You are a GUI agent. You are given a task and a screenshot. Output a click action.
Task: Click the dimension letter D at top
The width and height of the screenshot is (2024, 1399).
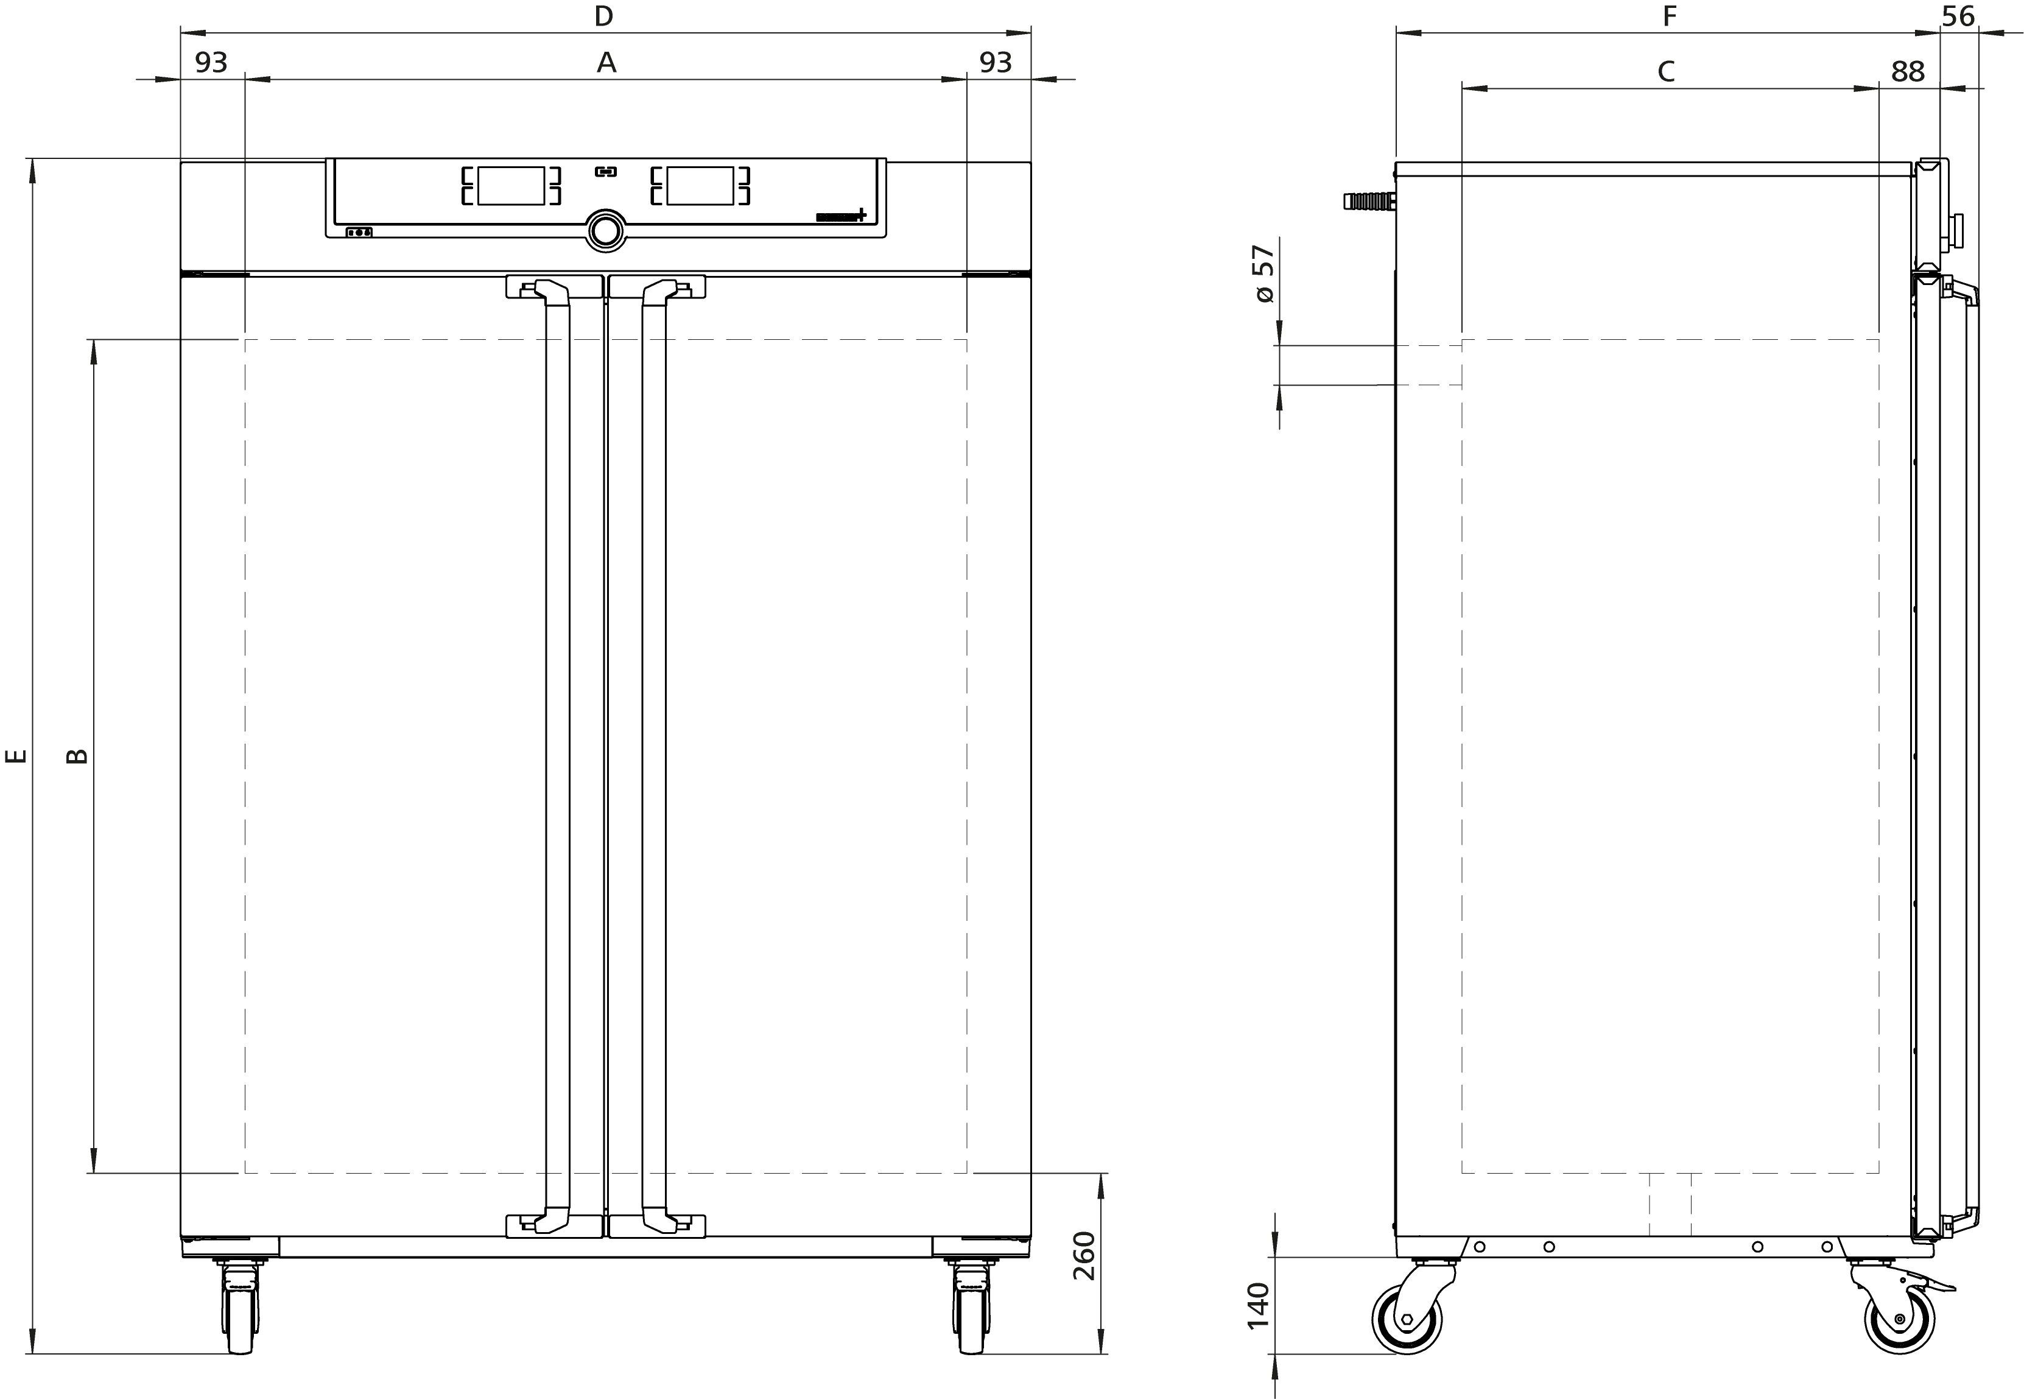click(603, 16)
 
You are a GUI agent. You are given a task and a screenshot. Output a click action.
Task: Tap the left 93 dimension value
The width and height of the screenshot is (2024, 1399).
click(211, 62)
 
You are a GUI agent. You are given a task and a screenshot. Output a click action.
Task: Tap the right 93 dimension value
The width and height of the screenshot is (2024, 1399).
click(996, 62)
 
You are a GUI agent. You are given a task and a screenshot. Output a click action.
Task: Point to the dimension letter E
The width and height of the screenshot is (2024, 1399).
click(16, 756)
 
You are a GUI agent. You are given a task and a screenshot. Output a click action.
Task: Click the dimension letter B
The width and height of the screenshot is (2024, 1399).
click(77, 756)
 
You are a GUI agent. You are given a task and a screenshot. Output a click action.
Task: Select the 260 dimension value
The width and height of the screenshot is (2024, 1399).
click(1084, 1255)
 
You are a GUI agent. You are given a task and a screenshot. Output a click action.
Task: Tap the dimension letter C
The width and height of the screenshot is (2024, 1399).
click(1665, 71)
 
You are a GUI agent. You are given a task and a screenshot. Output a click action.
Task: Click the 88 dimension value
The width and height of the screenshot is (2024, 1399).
click(1908, 72)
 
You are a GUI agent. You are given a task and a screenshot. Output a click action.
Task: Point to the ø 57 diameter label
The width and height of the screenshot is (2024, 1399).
click(1263, 274)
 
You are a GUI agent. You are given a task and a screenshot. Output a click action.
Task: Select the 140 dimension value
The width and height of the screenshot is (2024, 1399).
click(1258, 1305)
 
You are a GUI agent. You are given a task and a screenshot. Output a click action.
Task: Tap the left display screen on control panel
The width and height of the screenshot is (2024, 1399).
click(511, 186)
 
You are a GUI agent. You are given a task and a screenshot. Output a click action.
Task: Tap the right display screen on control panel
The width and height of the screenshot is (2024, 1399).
click(700, 186)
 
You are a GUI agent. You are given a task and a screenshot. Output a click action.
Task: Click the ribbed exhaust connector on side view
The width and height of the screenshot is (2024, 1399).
click(1368, 202)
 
